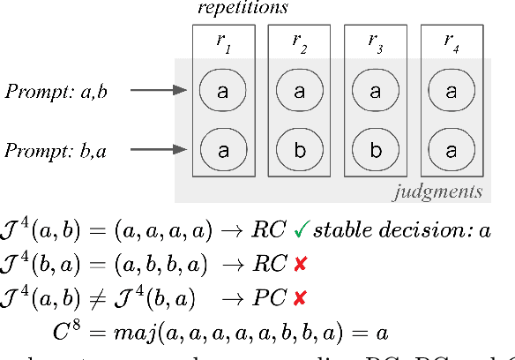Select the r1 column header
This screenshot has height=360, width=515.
click(x=223, y=41)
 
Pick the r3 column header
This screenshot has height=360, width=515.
click(x=375, y=41)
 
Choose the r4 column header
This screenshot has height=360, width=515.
click(x=451, y=41)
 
